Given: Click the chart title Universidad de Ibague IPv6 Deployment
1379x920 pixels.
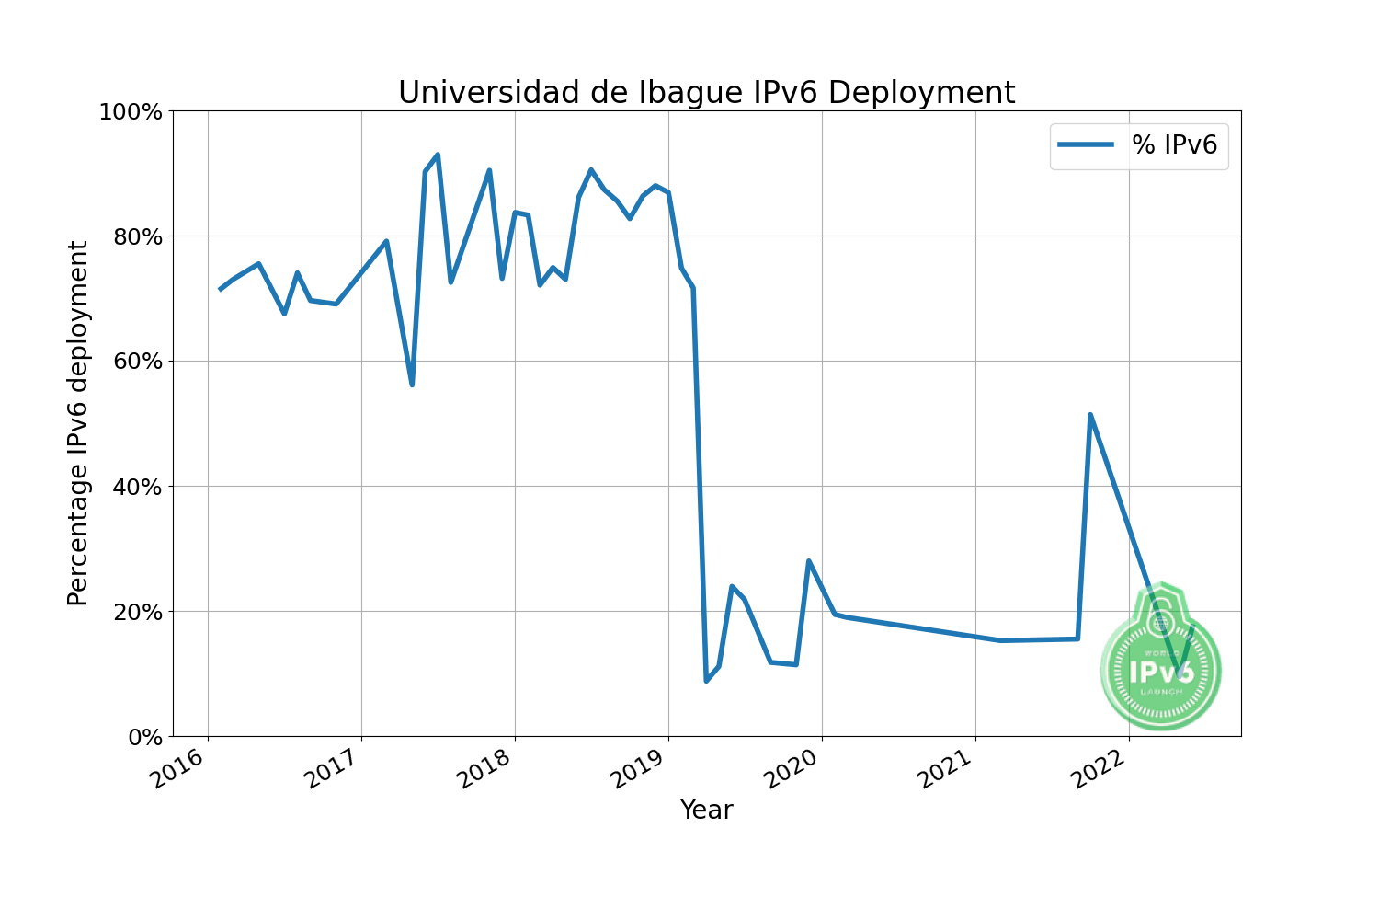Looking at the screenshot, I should [706, 93].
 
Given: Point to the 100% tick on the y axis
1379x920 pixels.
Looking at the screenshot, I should [131, 112].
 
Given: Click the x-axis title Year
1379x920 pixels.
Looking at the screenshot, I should [706, 811].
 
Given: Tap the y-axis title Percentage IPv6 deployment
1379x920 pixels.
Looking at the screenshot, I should [78, 423].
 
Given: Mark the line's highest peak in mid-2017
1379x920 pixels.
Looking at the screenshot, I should [438, 155].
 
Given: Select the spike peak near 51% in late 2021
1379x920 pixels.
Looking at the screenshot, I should [1090, 415].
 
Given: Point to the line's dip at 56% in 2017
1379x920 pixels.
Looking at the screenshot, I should [412, 385].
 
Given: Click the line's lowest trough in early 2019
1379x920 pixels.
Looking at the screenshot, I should [706, 681].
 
